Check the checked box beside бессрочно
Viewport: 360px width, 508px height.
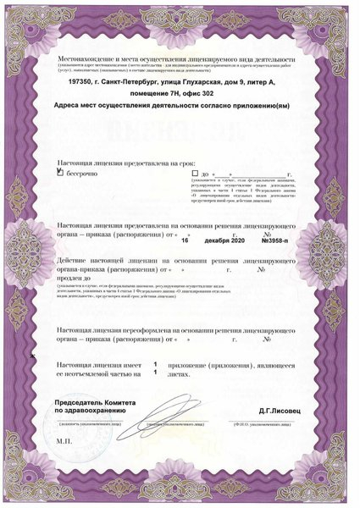(59, 172)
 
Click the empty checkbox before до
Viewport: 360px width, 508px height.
(195, 172)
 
